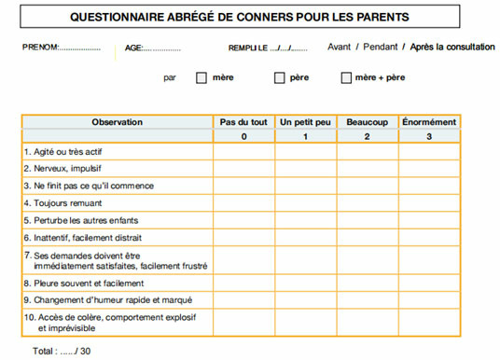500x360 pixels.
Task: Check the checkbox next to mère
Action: (201, 78)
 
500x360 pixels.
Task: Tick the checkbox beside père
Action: (279, 78)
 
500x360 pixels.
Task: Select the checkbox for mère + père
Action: (346, 78)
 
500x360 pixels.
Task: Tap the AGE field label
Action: (132, 48)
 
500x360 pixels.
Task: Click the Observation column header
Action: (117, 122)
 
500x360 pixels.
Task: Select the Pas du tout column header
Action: (243, 122)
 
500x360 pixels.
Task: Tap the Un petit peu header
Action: (305, 122)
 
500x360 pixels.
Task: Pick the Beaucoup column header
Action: (367, 122)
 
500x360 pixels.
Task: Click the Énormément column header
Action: (428, 122)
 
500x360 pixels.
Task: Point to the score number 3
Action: (428, 137)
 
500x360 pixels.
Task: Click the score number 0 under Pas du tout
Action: (243, 137)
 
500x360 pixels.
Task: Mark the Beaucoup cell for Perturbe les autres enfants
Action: (367, 219)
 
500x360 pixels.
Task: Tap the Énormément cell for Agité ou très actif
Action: (428, 152)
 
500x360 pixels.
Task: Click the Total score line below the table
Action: (62, 351)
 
